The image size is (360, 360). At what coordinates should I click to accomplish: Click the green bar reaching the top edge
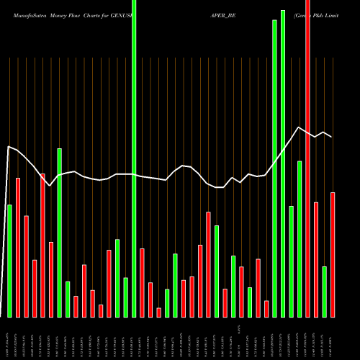[x=134, y=158]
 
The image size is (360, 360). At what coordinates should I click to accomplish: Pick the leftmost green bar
[x=9, y=261]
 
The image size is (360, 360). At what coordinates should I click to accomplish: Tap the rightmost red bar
[x=333, y=255]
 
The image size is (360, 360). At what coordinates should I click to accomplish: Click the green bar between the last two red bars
[x=325, y=292]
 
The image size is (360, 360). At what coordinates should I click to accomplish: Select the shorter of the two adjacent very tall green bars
[x=274, y=168]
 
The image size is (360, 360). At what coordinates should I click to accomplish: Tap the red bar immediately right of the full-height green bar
[x=142, y=282]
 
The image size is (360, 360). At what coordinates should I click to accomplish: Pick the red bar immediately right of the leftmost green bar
[x=17, y=247]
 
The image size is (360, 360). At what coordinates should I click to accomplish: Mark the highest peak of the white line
[x=298, y=127]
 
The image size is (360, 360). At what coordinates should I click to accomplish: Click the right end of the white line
[x=332, y=137]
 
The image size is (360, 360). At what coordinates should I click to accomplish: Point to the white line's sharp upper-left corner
[x=8, y=147]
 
